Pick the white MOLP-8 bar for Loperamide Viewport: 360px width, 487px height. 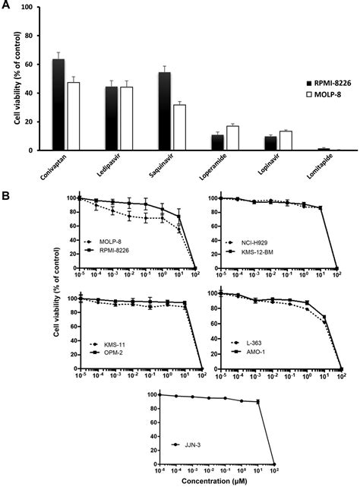[x=232, y=138]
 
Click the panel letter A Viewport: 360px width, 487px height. [x=6, y=7]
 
